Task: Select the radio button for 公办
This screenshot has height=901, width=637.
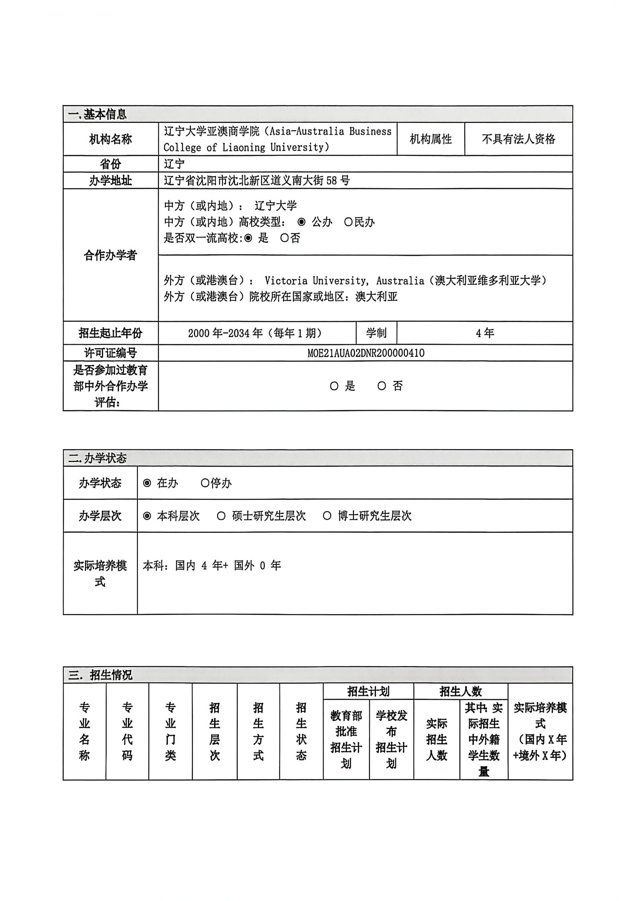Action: (301, 222)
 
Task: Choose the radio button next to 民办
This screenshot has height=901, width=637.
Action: (348, 222)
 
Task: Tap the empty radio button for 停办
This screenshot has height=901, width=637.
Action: (205, 483)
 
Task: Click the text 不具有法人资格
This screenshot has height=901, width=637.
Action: (518, 139)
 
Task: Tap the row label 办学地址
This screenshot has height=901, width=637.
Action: (110, 181)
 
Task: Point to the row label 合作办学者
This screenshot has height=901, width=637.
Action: (110, 255)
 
